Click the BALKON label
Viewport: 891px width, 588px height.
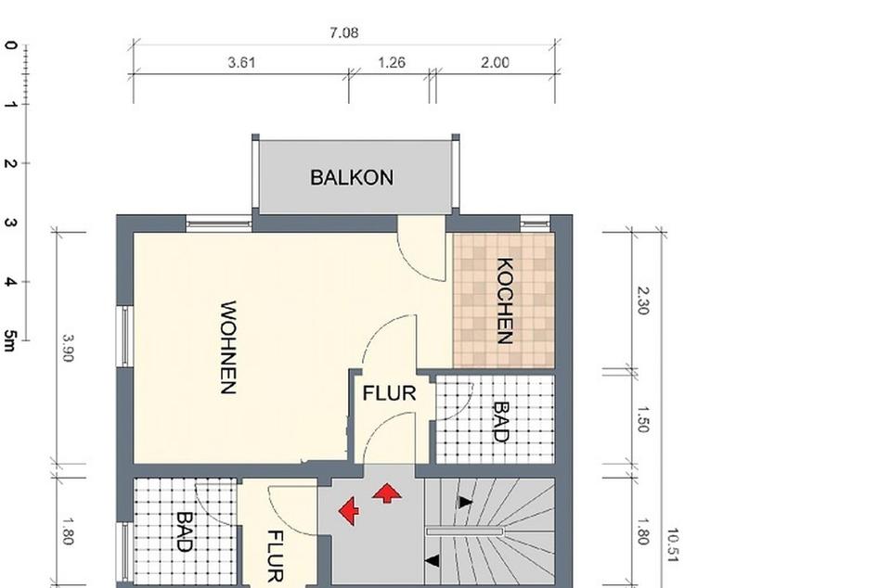(352, 177)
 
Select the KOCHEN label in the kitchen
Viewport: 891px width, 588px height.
(505, 300)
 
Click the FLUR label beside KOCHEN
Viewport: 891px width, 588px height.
(389, 393)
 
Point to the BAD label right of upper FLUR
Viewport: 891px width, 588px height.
(500, 421)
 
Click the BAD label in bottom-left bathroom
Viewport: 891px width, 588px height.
(184, 531)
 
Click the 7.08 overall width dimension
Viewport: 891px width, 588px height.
(343, 32)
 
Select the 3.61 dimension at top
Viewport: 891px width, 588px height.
(241, 63)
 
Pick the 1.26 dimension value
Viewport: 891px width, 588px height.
(392, 63)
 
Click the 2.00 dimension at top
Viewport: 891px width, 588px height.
(495, 63)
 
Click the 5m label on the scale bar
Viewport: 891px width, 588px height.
(10, 340)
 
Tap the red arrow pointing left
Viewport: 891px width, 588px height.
(349, 510)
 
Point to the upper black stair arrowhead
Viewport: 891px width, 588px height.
(465, 502)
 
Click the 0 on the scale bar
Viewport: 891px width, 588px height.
(10, 45)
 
